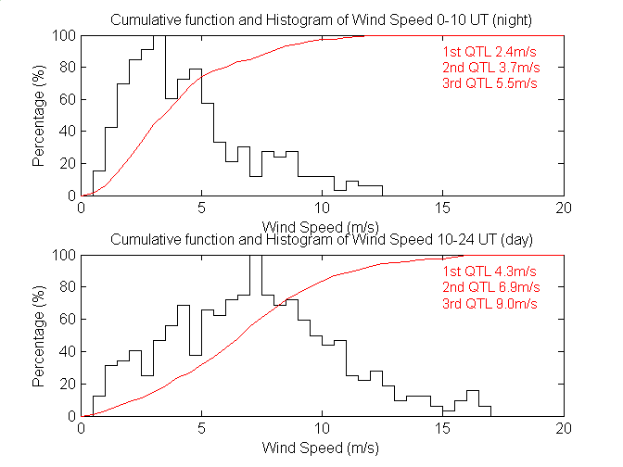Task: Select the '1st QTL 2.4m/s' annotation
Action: (490, 52)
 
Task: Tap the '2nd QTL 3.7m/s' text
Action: (490, 68)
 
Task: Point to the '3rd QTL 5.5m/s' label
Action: (490, 83)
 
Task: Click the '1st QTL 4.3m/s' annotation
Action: (490, 271)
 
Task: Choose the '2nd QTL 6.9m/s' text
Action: (490, 287)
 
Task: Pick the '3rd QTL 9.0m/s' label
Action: (490, 303)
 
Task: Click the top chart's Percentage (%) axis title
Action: (39, 116)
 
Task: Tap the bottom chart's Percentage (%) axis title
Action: (39, 335)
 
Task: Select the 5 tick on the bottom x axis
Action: (202, 427)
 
